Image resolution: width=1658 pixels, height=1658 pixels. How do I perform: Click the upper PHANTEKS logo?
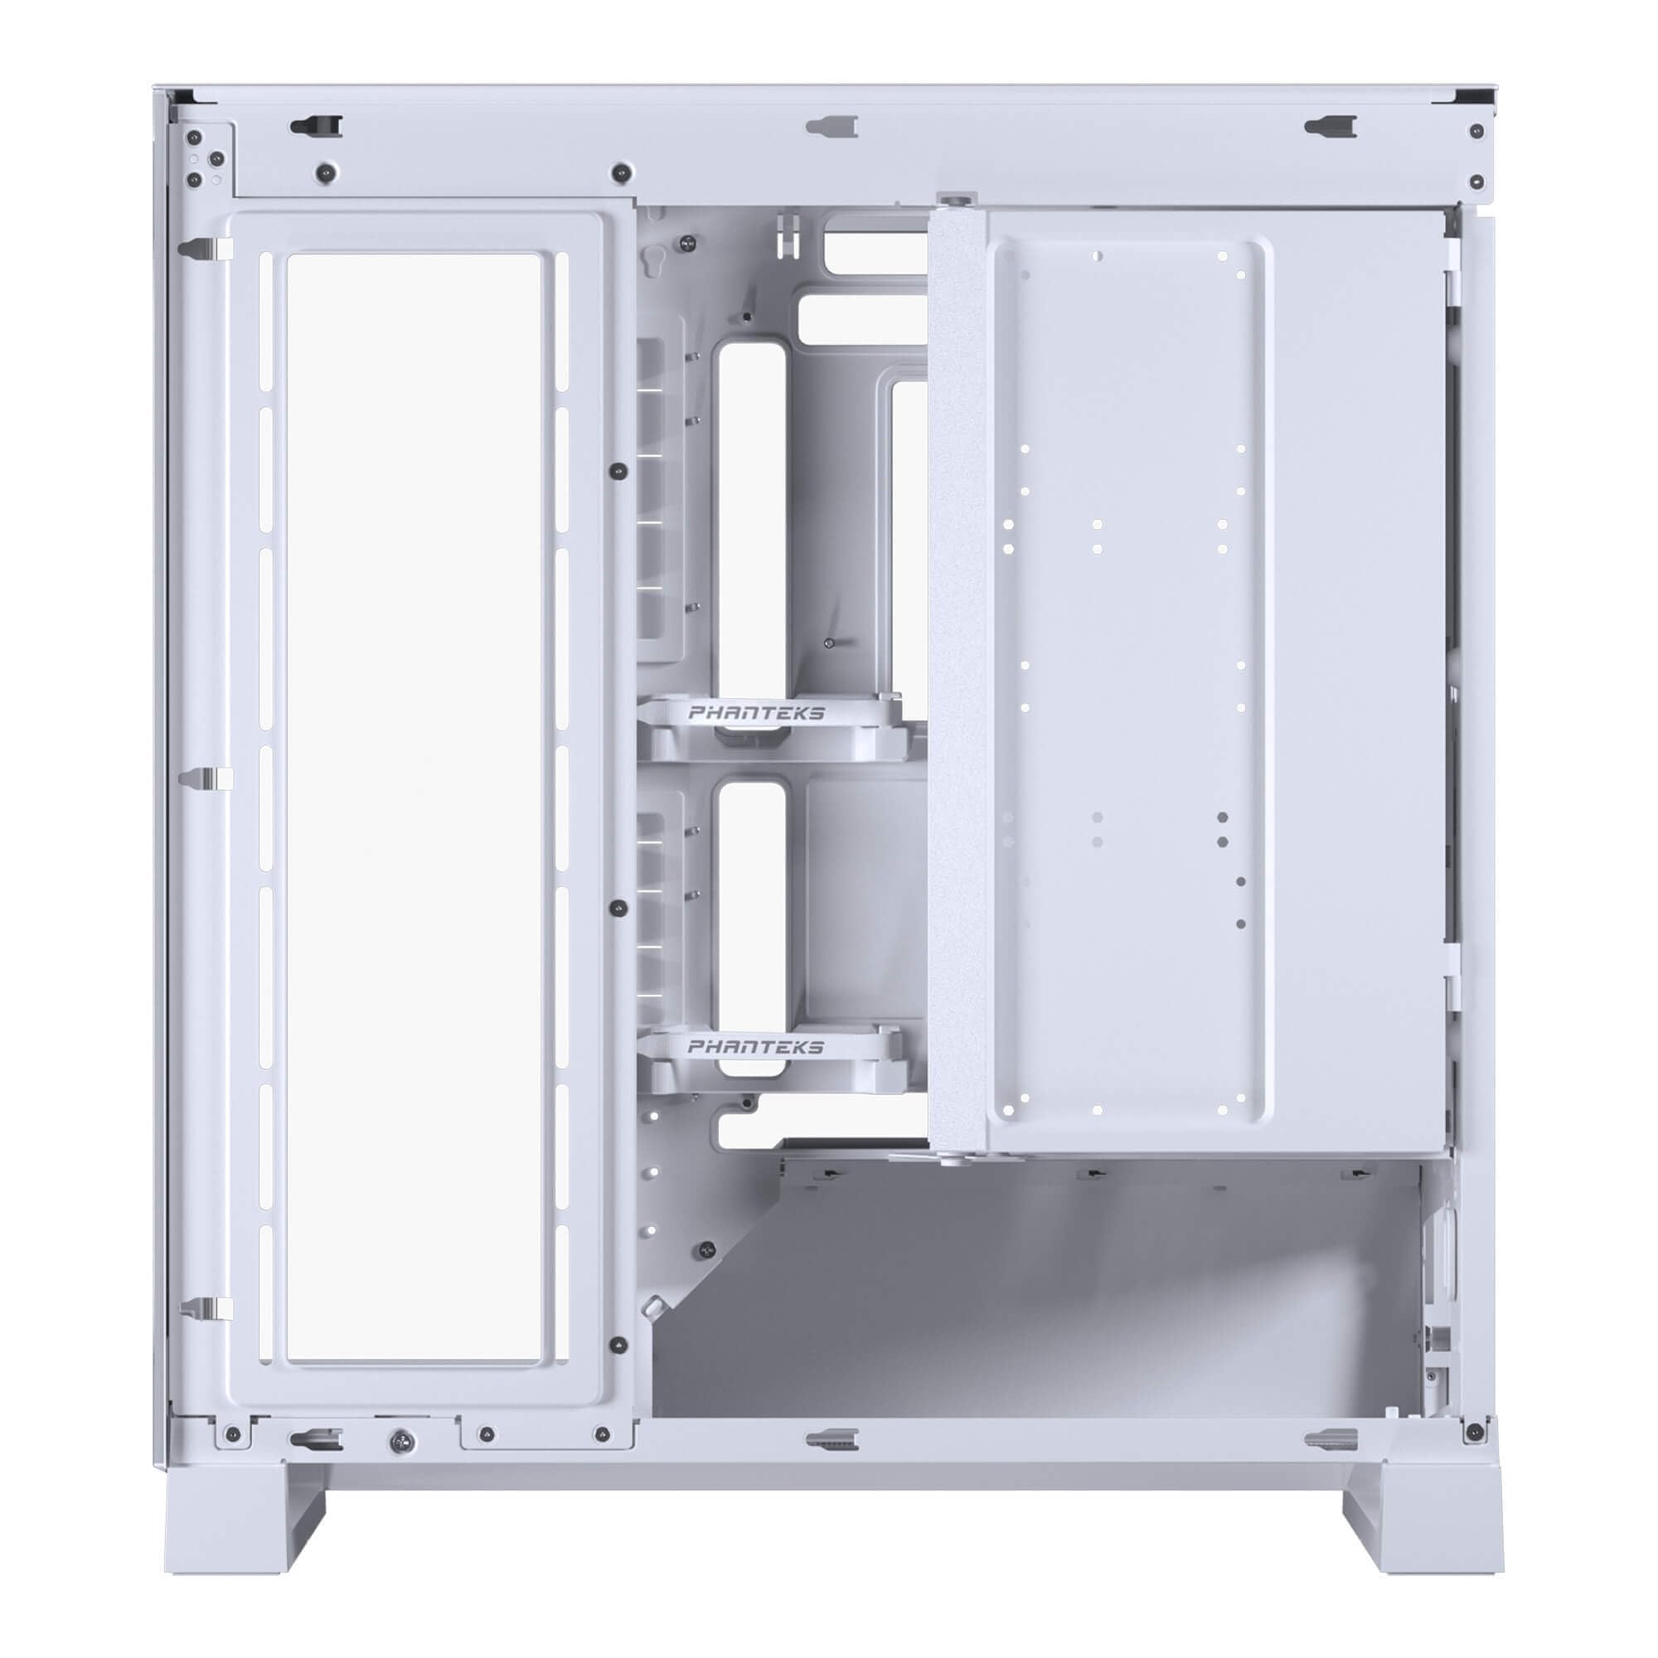(x=756, y=712)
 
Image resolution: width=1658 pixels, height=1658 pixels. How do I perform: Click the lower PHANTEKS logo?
(x=756, y=1046)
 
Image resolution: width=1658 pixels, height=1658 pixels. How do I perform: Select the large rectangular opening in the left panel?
(x=414, y=807)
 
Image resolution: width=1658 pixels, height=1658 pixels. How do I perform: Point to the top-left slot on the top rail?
(x=317, y=127)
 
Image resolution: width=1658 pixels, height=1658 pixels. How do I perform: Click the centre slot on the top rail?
(x=831, y=127)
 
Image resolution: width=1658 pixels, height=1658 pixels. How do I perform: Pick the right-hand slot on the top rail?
(x=1330, y=127)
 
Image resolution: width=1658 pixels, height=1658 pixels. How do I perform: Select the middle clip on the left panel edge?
(x=206, y=778)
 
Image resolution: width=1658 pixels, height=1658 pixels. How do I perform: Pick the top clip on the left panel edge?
(x=206, y=249)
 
